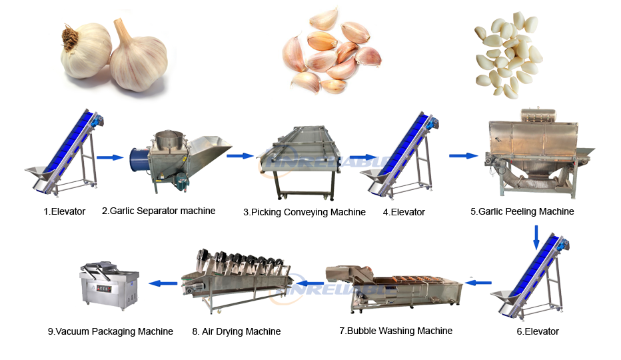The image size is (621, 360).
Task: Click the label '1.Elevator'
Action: tap(60, 211)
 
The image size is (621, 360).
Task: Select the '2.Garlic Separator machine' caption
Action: tap(159, 211)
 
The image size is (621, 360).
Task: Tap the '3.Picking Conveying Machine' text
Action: tap(304, 212)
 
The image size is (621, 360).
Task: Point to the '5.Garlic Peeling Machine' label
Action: tap(522, 211)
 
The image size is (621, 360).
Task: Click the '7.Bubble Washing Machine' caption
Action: tap(396, 331)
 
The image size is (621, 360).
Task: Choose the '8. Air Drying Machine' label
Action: tap(236, 331)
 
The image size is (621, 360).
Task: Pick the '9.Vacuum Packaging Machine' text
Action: tap(111, 331)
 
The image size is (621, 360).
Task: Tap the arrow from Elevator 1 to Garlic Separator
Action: tap(110, 158)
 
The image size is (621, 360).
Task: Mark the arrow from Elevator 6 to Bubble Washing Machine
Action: tap(478, 283)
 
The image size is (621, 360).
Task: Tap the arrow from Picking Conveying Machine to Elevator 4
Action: tap(360, 159)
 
